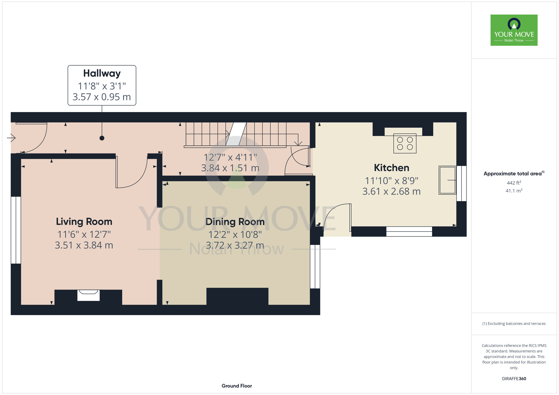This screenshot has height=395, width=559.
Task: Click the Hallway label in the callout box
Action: click(x=102, y=73)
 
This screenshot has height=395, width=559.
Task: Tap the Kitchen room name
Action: click(x=392, y=168)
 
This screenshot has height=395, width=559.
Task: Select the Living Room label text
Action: click(x=84, y=222)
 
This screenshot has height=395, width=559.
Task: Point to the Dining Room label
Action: click(x=235, y=222)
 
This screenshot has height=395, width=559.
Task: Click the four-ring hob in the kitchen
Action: click(x=405, y=143)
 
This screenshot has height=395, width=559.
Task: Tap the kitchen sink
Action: click(x=447, y=180)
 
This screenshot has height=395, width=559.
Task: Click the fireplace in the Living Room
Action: click(x=88, y=295)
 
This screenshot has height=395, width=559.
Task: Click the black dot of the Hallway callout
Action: click(x=102, y=138)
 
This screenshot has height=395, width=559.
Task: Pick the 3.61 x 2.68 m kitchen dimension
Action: click(x=391, y=192)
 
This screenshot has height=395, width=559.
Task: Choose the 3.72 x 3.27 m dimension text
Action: click(x=235, y=245)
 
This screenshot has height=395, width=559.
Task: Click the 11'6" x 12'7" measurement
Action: click(x=84, y=234)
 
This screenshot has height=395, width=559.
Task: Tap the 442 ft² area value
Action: click(x=514, y=183)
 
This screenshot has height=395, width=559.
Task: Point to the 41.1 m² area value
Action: click(x=514, y=191)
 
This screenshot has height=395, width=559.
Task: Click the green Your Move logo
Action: click(x=514, y=30)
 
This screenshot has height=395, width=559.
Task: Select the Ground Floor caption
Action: click(x=237, y=386)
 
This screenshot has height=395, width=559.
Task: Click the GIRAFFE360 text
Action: click(x=514, y=379)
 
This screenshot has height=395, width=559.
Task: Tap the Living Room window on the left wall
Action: click(x=16, y=230)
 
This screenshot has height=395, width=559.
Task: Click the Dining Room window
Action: click(x=315, y=266)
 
